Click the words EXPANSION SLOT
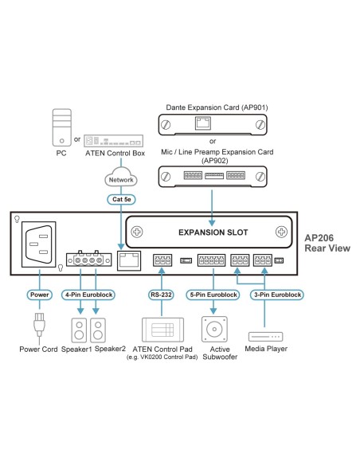(213, 232)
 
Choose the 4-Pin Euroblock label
(89, 295)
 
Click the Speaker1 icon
(78, 328)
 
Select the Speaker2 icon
(99, 328)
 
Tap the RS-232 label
(162, 295)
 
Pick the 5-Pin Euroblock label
(213, 295)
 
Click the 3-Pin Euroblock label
(275, 295)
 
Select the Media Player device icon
(267, 335)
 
